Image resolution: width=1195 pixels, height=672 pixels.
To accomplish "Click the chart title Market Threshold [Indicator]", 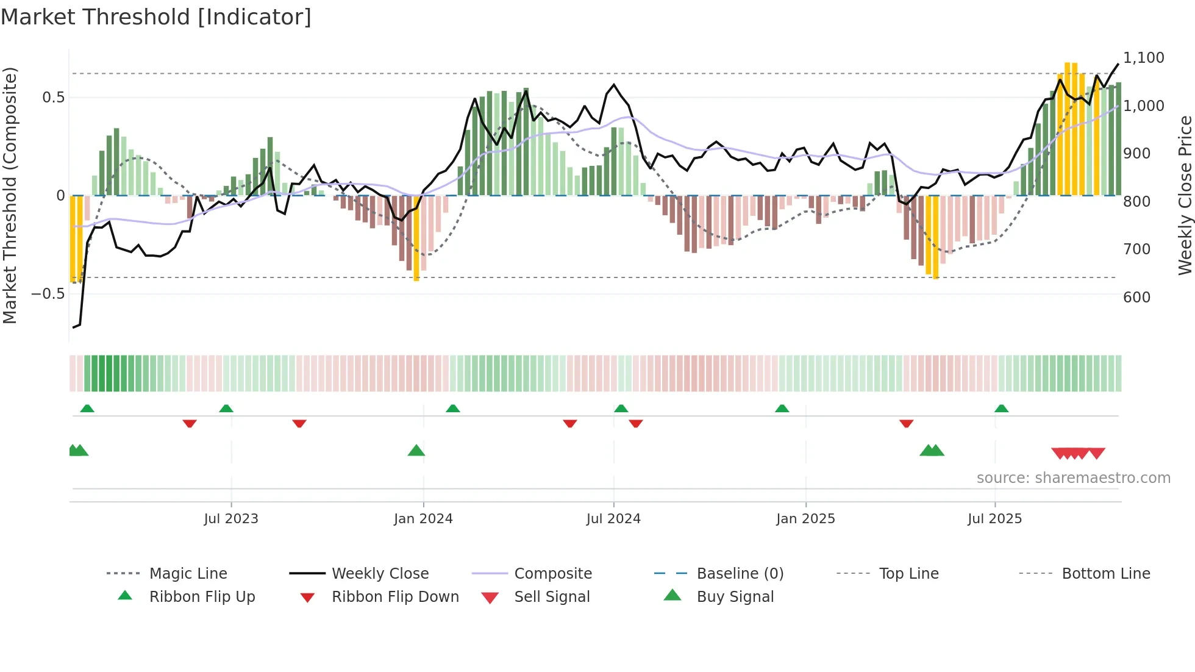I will click(156, 17).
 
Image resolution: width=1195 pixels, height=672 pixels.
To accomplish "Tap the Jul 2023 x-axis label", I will click(231, 519).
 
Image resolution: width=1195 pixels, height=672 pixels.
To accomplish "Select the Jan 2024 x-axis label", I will click(423, 519).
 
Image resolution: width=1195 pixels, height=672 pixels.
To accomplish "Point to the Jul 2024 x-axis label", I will click(613, 519).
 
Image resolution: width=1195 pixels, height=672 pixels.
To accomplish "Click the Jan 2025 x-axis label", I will click(805, 519).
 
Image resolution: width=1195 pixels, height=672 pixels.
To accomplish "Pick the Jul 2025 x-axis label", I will click(994, 519).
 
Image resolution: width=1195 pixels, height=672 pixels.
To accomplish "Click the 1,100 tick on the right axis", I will click(1143, 58).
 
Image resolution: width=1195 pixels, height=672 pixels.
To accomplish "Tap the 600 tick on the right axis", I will click(1136, 298).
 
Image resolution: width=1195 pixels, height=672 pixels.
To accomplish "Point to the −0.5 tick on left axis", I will click(48, 294).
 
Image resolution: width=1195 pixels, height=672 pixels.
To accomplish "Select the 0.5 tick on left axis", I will click(53, 98).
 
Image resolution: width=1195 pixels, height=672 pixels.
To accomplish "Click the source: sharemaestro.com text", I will click(1073, 478).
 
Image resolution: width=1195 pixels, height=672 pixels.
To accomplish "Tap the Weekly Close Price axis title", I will click(1185, 195).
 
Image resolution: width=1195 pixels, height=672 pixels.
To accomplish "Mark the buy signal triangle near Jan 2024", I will click(416, 451).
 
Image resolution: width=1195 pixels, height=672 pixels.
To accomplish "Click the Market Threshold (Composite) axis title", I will click(10, 195).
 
